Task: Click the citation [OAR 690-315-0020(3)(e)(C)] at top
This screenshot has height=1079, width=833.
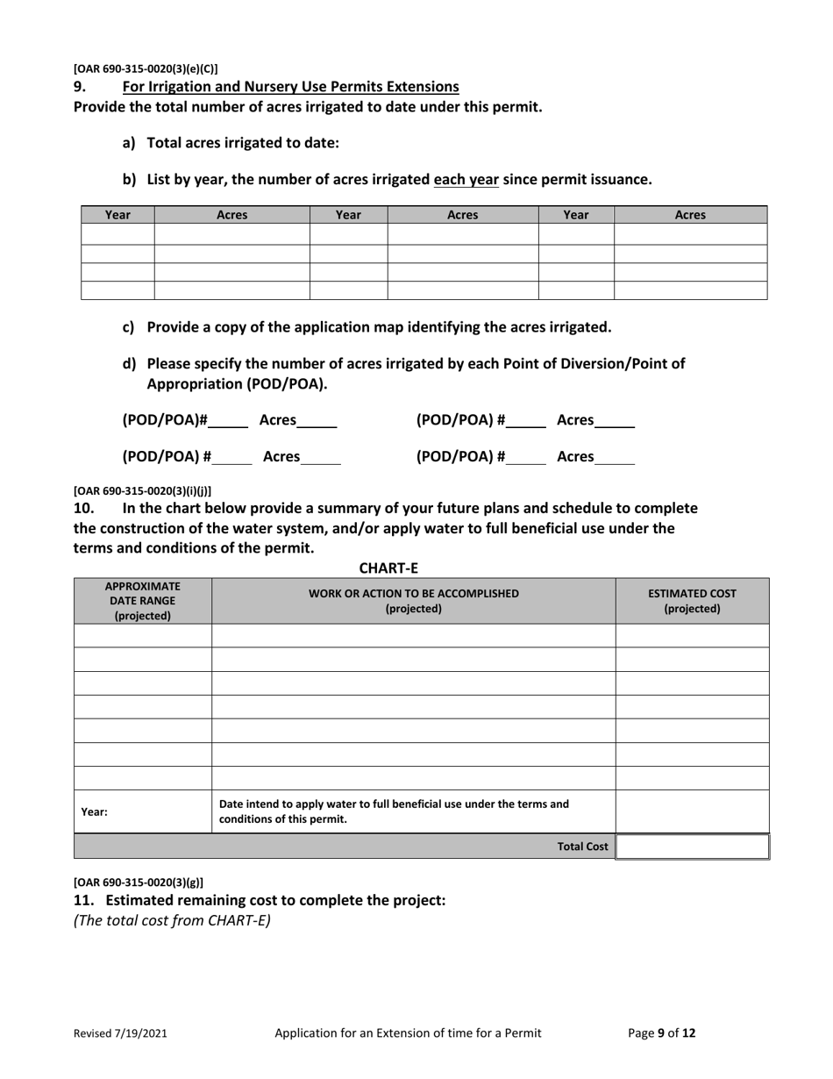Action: (x=146, y=68)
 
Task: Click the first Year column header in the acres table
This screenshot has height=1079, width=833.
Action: (x=117, y=215)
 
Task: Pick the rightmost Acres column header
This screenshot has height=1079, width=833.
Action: (x=690, y=215)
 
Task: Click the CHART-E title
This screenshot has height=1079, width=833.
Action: (x=388, y=568)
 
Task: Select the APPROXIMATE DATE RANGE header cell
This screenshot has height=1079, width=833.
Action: (x=142, y=601)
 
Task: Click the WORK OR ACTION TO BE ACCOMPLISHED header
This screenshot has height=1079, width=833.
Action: (x=414, y=601)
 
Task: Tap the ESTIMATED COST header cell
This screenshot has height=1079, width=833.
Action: (x=692, y=601)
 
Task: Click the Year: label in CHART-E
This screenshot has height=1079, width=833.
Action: (x=95, y=812)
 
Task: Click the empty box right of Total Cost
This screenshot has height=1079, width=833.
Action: (x=692, y=847)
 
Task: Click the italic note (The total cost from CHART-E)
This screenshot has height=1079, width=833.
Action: (x=172, y=920)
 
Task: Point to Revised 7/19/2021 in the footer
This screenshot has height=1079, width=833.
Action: (x=119, y=1033)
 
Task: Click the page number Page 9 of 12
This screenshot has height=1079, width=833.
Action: (x=662, y=1033)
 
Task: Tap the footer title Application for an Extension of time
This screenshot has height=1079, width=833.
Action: (x=408, y=1033)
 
